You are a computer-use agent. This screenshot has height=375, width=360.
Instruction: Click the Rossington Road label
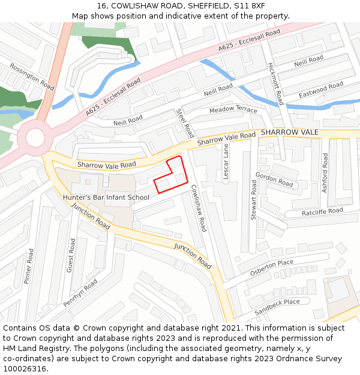(32, 77)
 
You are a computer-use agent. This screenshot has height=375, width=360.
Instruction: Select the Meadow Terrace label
(233, 110)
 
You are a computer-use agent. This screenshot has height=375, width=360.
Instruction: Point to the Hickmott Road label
(275, 83)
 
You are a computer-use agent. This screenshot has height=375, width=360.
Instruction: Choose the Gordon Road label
(274, 179)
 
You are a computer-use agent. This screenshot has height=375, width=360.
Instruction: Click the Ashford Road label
(325, 173)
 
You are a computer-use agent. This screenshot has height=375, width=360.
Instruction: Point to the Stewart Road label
(254, 200)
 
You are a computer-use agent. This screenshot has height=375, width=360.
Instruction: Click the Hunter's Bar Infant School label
(106, 197)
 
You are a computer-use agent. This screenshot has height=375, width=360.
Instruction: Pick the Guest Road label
(71, 256)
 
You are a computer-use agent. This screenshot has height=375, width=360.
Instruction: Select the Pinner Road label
(28, 267)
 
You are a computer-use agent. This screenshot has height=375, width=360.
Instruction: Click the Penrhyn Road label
(80, 293)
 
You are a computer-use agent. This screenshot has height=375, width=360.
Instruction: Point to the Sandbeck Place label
(277, 306)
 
